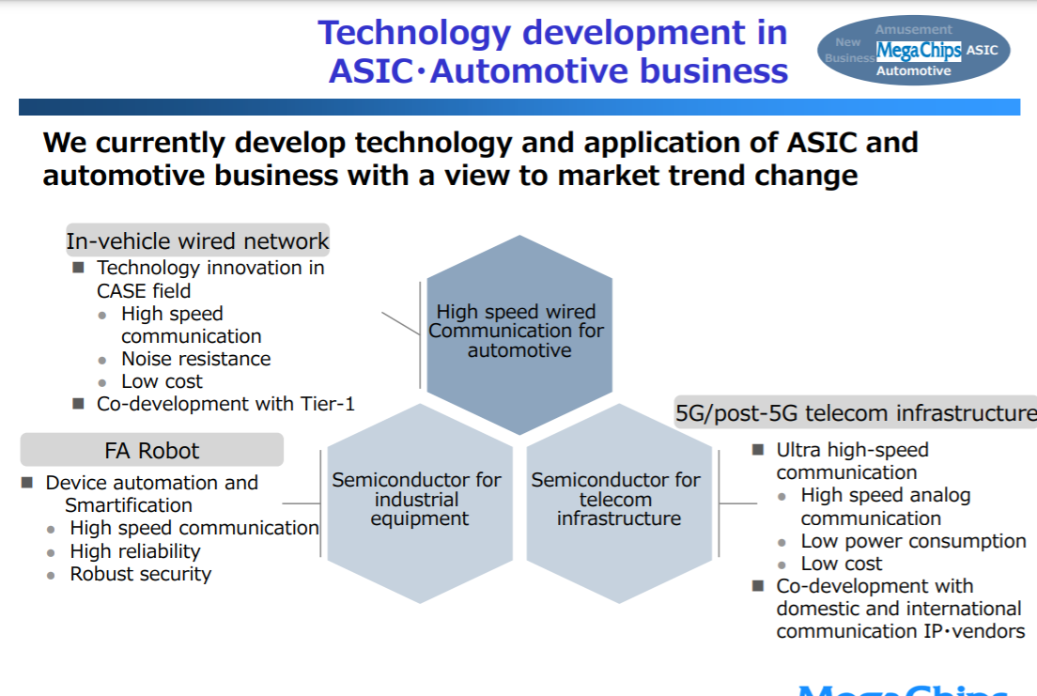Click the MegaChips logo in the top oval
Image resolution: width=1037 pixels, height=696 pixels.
pos(919,51)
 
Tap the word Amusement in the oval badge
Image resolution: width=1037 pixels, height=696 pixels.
pos(913,29)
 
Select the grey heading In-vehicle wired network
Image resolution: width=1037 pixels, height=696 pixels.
pos(198,240)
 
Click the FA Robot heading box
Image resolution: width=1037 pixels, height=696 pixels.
pos(152,450)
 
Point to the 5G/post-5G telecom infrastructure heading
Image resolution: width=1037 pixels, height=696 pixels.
pos(856,413)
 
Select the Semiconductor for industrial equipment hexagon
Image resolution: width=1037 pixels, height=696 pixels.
pos(420,503)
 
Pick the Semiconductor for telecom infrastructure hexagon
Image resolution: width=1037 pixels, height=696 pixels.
pos(619,503)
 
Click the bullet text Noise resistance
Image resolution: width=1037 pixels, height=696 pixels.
pos(195,359)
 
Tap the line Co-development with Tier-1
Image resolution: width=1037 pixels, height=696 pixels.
pos(225,404)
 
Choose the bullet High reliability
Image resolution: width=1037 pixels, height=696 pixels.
pos(135,551)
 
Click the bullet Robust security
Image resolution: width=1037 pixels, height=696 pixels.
pos(140,574)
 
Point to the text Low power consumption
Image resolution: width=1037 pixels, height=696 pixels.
pos(913,541)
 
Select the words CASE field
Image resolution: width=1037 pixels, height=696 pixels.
pos(144,291)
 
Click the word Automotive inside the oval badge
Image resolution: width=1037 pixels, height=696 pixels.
pos(913,70)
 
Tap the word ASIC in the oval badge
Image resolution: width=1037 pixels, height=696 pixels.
pos(983,51)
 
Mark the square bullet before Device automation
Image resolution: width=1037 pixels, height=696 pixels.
pos(27,482)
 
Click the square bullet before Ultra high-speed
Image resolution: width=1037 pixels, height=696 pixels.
pos(758,450)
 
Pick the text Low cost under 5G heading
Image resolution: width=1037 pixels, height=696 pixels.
pos(842,564)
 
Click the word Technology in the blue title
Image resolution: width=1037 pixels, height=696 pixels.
pos(414,33)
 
